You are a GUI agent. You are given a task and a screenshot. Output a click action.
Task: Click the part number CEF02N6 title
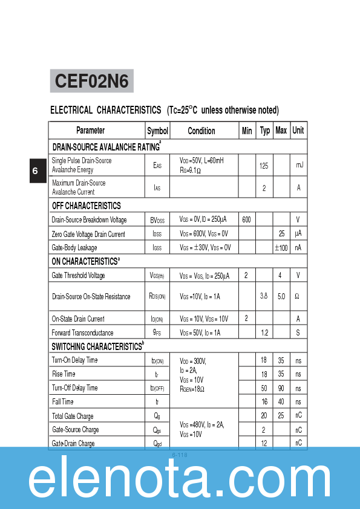91,81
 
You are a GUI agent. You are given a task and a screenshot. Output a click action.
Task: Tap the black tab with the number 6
35,171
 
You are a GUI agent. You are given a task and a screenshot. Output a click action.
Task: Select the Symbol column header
158,131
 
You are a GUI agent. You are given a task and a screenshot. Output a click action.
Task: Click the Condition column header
201,131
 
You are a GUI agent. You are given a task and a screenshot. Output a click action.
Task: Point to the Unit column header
298,131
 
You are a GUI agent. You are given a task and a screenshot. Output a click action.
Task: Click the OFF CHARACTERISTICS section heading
87,206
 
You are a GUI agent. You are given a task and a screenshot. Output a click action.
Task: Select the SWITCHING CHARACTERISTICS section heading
97,346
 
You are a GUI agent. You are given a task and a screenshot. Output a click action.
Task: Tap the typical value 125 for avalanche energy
264,165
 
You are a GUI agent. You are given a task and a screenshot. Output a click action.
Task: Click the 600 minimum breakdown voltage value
246,219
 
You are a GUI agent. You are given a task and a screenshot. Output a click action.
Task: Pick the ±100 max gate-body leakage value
281,248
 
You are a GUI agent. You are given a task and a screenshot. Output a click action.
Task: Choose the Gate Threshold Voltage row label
79,276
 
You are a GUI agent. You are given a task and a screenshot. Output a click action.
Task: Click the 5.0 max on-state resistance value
281,296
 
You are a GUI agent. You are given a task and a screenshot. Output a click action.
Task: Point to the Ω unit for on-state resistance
298,296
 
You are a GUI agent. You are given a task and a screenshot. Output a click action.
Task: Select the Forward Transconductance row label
82,332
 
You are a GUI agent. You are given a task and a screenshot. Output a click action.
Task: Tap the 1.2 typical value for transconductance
264,332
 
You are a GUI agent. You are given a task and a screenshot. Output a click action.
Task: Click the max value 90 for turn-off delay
281,388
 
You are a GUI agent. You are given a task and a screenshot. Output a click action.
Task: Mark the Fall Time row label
63,402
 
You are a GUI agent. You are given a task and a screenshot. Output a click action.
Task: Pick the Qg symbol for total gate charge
157,416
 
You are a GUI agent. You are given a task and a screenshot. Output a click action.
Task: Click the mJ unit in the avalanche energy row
298,165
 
